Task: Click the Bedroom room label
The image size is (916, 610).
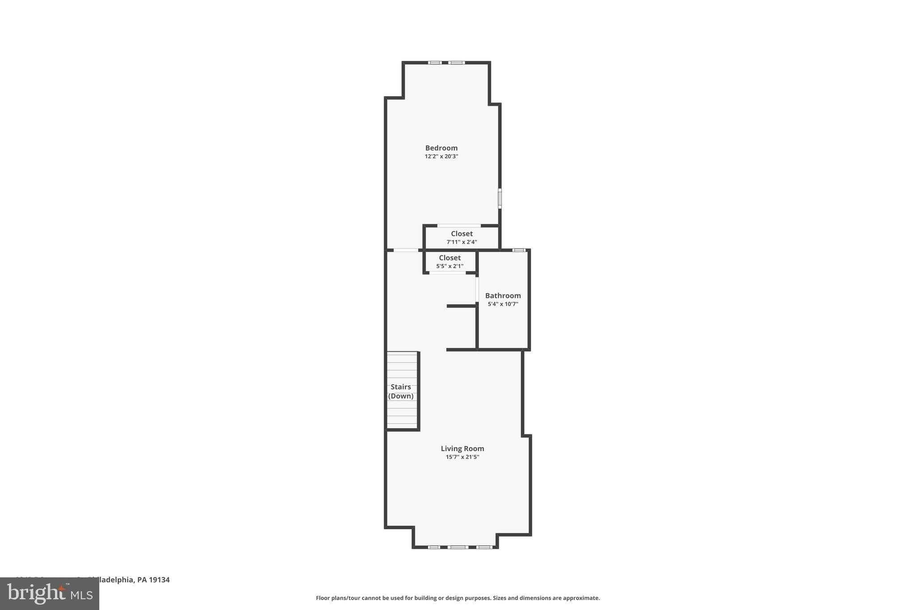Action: (x=441, y=148)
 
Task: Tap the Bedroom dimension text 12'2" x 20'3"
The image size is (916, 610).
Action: (x=441, y=156)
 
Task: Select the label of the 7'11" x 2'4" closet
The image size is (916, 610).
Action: (x=462, y=234)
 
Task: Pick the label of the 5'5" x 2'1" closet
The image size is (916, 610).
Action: (x=450, y=258)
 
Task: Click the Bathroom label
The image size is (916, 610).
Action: (x=503, y=295)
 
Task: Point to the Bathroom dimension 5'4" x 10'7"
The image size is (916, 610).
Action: (x=503, y=304)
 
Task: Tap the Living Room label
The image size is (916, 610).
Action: (x=462, y=449)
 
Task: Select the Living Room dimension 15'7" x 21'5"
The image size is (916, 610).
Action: (x=462, y=457)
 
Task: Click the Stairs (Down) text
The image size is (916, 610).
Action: (x=401, y=391)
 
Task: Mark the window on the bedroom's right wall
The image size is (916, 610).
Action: (x=500, y=198)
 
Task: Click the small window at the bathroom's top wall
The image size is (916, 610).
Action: (x=518, y=250)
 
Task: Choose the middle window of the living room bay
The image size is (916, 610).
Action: (x=458, y=547)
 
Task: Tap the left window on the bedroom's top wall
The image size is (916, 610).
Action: (x=435, y=63)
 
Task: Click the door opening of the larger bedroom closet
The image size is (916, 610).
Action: (x=459, y=226)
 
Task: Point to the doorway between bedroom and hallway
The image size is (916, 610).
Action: (x=406, y=250)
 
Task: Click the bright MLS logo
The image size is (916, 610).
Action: (x=50, y=593)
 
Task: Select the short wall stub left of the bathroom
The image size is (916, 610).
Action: (x=461, y=306)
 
